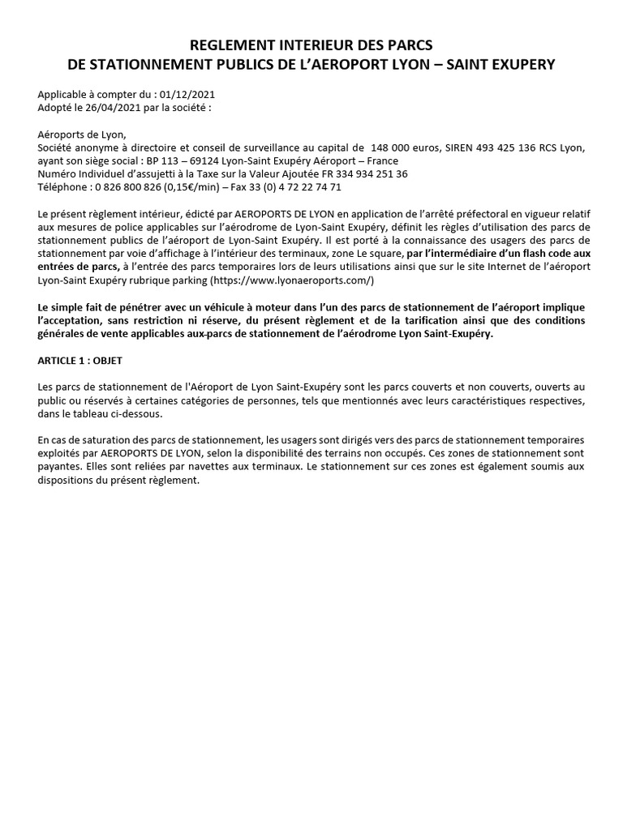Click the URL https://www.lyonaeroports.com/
pyautogui.click(x=293, y=280)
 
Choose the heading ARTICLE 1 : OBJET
pyautogui.click(x=79, y=360)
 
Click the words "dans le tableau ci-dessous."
pyautogui.click(x=100, y=413)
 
